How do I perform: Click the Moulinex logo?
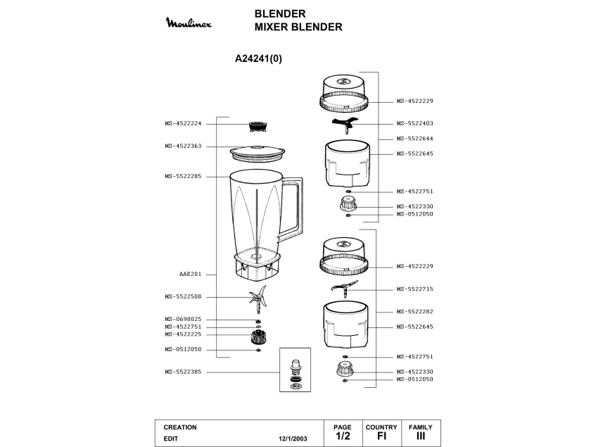point(189,23)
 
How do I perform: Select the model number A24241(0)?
point(258,58)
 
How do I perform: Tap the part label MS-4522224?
point(183,123)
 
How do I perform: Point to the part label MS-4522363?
point(183,146)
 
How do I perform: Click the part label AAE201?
point(191,274)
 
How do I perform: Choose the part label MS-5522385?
point(183,372)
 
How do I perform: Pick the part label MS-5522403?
point(414,123)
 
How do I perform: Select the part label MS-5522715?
point(414,289)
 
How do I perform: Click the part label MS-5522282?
point(414,312)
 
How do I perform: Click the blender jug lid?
point(258,153)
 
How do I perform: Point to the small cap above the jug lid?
point(258,127)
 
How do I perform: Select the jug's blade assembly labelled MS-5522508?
point(258,299)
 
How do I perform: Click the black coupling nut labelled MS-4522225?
point(258,336)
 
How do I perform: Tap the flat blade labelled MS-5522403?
point(345,125)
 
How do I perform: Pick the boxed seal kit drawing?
point(295,370)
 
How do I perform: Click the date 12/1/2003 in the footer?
point(293,439)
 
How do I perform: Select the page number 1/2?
point(343,436)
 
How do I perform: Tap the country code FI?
point(381,436)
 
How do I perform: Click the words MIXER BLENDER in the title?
point(298,27)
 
